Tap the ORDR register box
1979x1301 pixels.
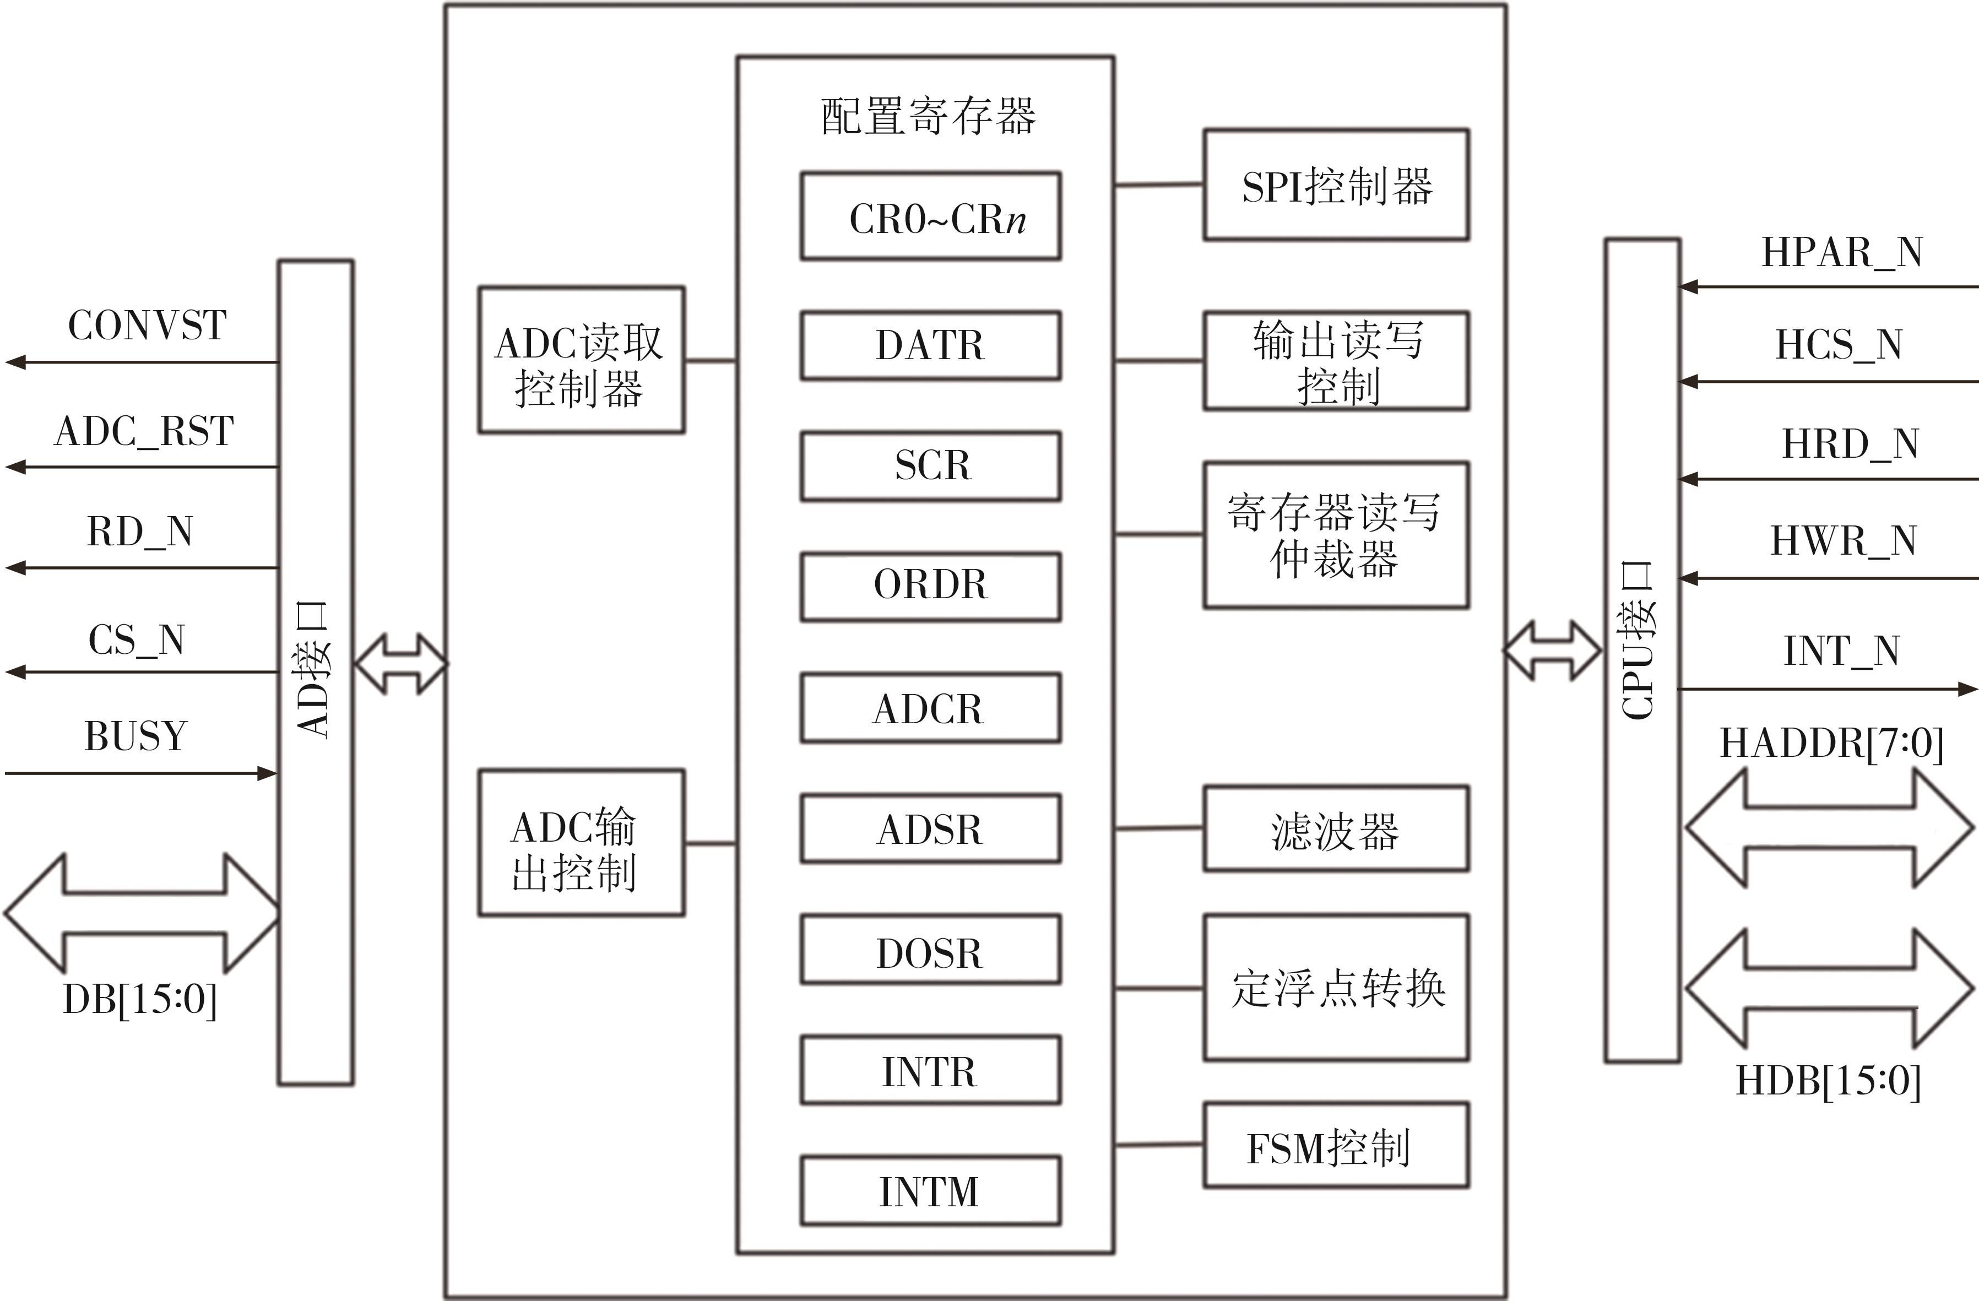click(x=930, y=586)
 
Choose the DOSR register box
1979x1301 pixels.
click(x=930, y=950)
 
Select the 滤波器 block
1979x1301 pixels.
click(x=1336, y=829)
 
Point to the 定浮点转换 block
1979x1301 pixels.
click(x=1336, y=988)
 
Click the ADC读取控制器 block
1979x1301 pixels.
click(x=581, y=361)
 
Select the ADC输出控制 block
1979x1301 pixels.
click(x=581, y=843)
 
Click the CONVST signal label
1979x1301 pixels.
click(x=147, y=325)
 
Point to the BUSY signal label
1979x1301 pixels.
click(x=135, y=736)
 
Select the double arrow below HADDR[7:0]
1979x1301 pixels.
click(x=1829, y=827)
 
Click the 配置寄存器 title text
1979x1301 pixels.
click(x=928, y=116)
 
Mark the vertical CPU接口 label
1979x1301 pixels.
click(x=1640, y=640)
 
